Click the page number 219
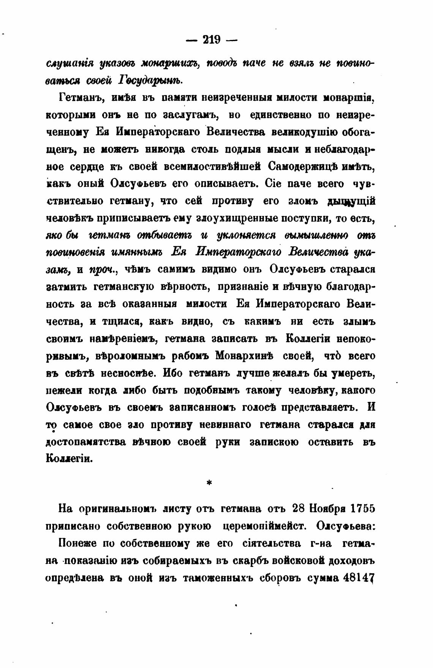pyautogui.click(x=212, y=40)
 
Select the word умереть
pyautogui.click(x=353, y=373)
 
